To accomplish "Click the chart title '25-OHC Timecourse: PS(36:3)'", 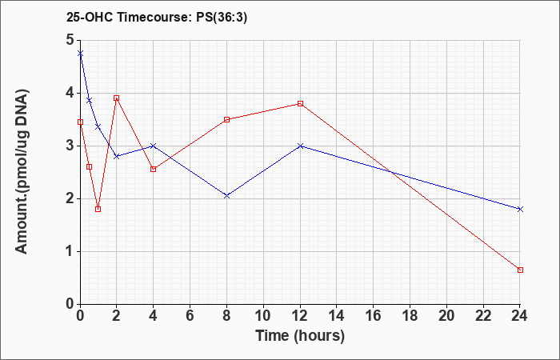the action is pyautogui.click(x=157, y=18).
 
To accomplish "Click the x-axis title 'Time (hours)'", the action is pyautogui.click(x=300, y=336).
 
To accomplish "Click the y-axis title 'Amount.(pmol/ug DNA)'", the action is pyautogui.click(x=22, y=172).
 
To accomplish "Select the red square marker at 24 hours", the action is pyautogui.click(x=520, y=270).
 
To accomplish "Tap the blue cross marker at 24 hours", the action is pyautogui.click(x=520, y=209).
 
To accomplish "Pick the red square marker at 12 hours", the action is pyautogui.click(x=300, y=103).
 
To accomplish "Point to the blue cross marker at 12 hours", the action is pyautogui.click(x=300, y=146).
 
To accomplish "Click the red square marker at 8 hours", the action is pyautogui.click(x=226, y=119).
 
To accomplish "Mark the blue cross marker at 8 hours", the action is pyautogui.click(x=226, y=196).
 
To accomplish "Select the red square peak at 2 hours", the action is pyautogui.click(x=117, y=98).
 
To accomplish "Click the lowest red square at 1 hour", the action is pyautogui.click(x=98, y=209).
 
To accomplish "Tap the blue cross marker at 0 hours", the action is pyautogui.click(x=80, y=54).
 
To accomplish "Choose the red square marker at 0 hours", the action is pyautogui.click(x=80, y=122).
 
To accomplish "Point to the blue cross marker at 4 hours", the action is pyautogui.click(x=154, y=146).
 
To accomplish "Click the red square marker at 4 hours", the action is pyautogui.click(x=154, y=169).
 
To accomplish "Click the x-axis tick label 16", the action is pyautogui.click(x=374, y=316).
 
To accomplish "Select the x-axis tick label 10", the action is pyautogui.click(x=263, y=316).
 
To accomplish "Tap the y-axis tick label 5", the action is pyautogui.click(x=70, y=40).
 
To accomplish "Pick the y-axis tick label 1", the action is pyautogui.click(x=70, y=251).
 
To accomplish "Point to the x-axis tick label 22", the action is pyautogui.click(x=483, y=316).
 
